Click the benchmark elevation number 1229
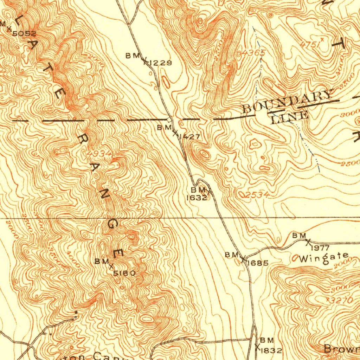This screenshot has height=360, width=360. coord(160,63)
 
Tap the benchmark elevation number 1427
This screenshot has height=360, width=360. coord(189,137)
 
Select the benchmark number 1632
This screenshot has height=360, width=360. coord(196,198)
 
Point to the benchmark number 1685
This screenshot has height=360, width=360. coord(258,263)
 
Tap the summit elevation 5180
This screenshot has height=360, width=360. coord(124,273)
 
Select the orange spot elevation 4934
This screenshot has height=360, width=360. coord(99,154)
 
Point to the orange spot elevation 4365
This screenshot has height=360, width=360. coord(252,53)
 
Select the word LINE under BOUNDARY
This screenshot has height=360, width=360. coord(290,116)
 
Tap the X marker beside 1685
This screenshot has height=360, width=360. coord(243,259)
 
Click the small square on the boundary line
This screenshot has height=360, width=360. coord(169,120)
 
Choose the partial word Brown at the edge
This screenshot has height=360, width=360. coord(341,349)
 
